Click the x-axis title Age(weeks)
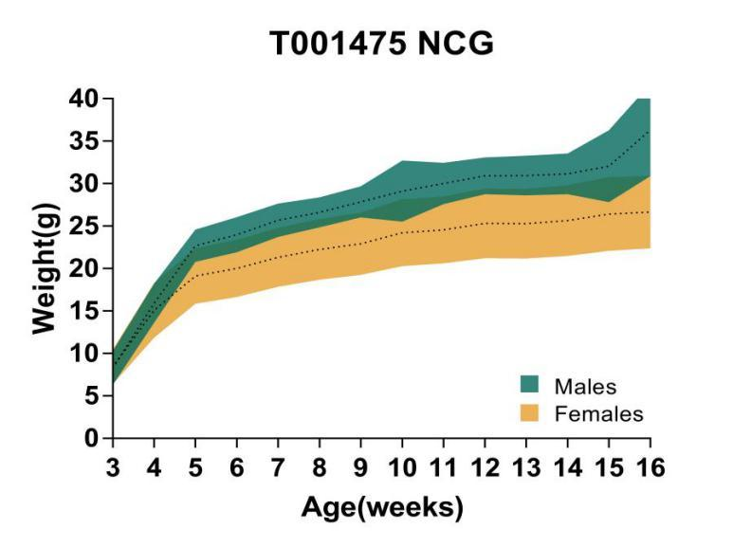click(382, 507)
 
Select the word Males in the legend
click(585, 386)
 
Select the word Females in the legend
click(598, 413)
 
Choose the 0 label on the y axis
click(92, 439)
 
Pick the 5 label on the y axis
click(92, 396)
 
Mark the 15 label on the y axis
click(85, 311)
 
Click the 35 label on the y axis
click(85, 141)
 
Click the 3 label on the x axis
click(112, 468)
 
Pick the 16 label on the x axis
click(651, 468)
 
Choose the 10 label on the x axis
click(402, 468)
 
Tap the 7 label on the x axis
click(278, 468)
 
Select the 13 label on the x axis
click(526, 468)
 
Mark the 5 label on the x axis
click(195, 468)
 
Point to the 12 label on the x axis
click(485, 468)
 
